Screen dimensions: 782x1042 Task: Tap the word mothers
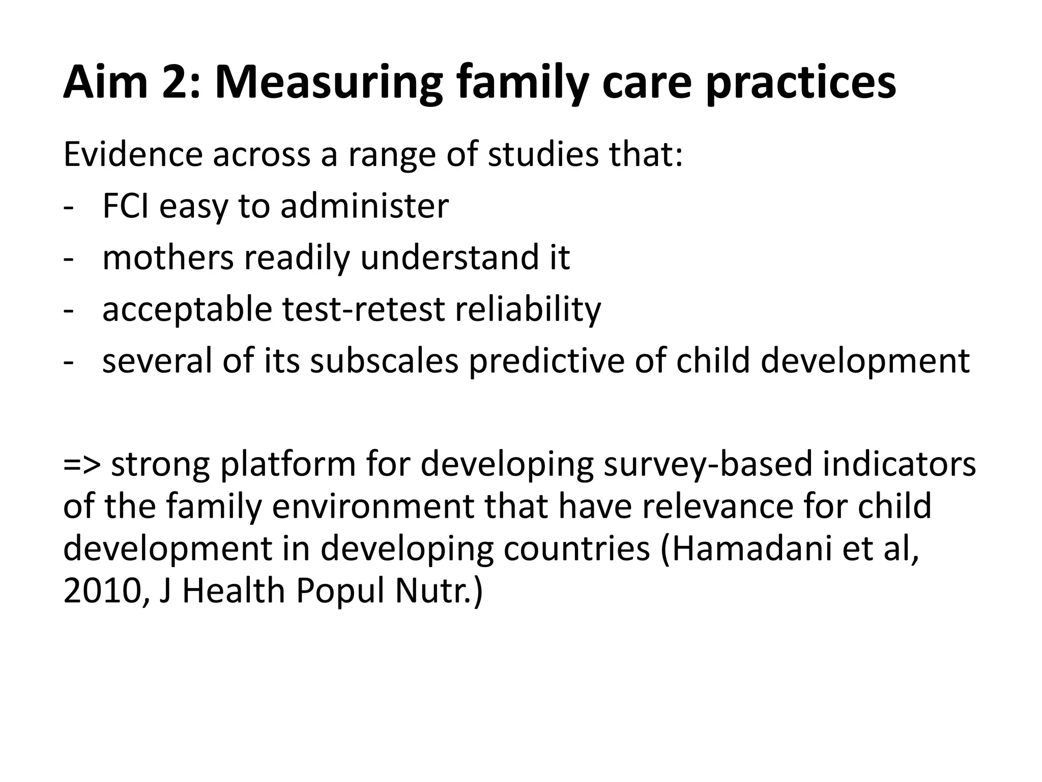tap(168, 258)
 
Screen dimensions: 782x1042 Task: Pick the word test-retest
tap(363, 310)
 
